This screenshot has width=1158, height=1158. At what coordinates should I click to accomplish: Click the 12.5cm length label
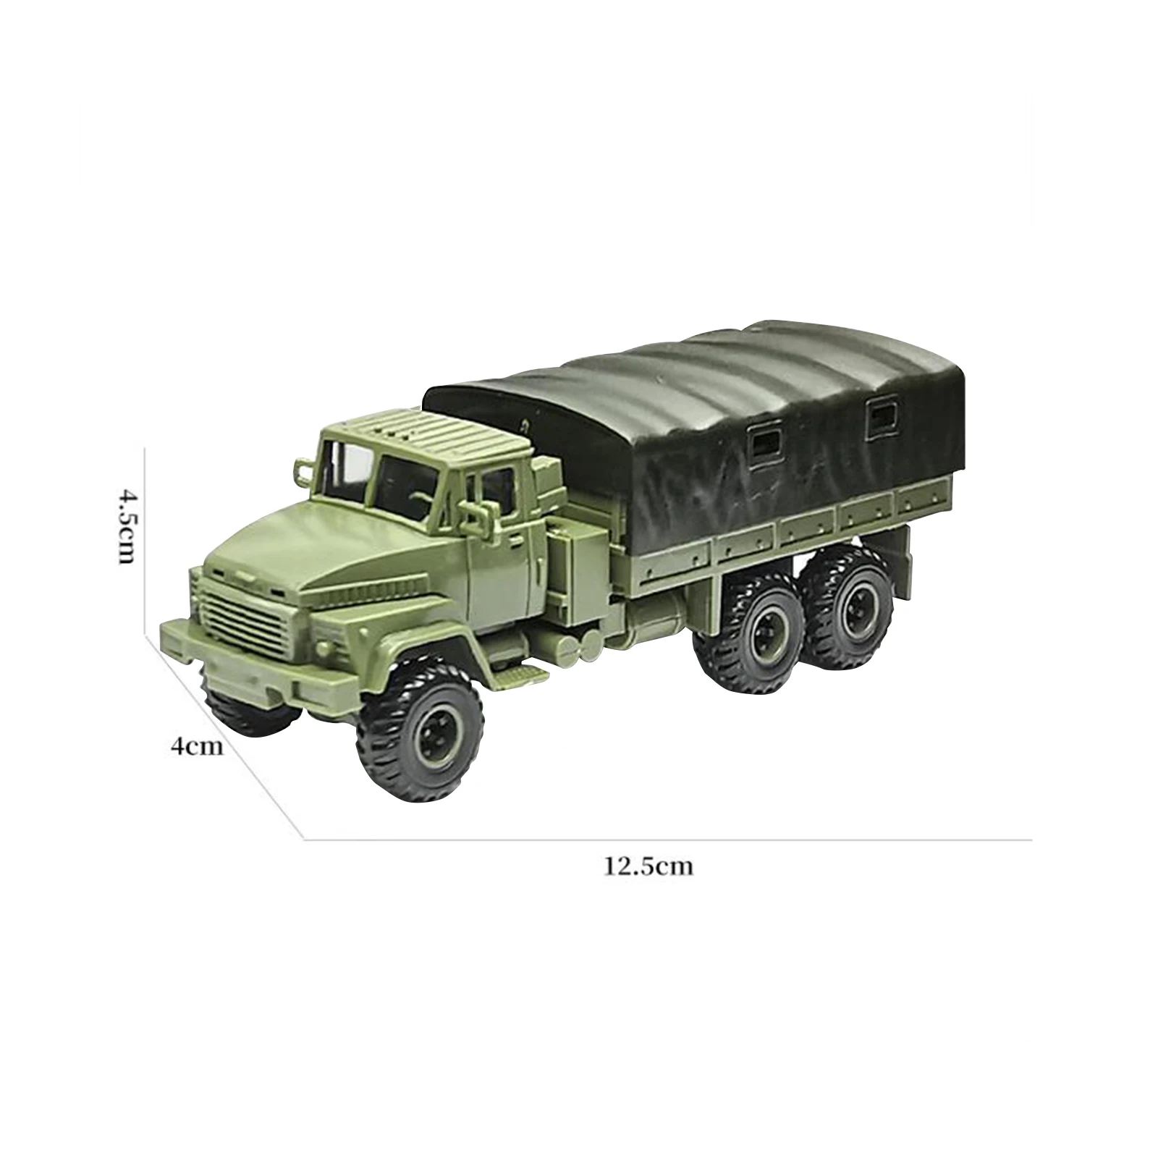coord(648,866)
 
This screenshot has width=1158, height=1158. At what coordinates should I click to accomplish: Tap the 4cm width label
coord(197,745)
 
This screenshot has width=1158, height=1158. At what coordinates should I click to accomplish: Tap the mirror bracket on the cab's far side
coord(305,470)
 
